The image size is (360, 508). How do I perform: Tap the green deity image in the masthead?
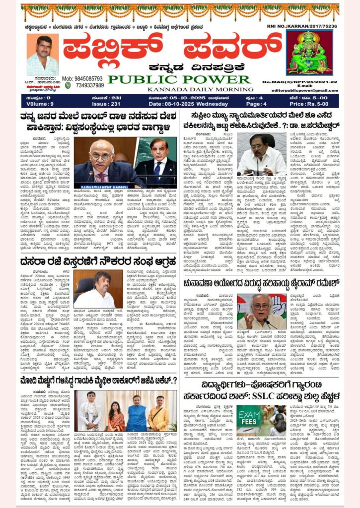309,52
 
